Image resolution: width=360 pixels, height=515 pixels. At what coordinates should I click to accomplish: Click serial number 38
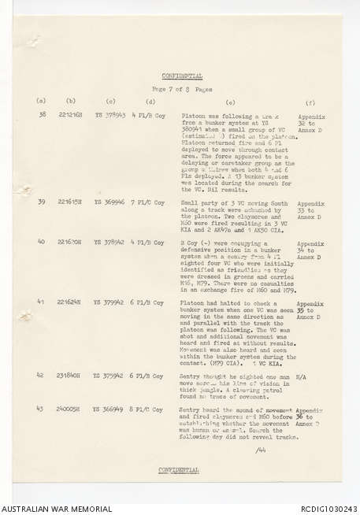[41, 115]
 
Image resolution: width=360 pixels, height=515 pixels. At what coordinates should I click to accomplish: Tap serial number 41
[41, 302]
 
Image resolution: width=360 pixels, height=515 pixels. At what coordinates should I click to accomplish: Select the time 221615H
[72, 202]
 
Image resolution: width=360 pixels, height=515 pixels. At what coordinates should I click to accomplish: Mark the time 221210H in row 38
[72, 115]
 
